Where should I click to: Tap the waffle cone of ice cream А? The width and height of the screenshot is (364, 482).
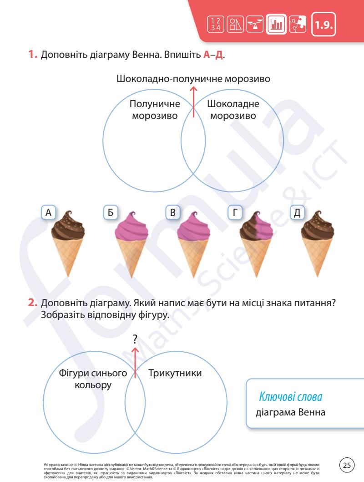coord(68,258)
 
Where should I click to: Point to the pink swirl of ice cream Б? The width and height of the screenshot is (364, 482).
coord(130,226)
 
